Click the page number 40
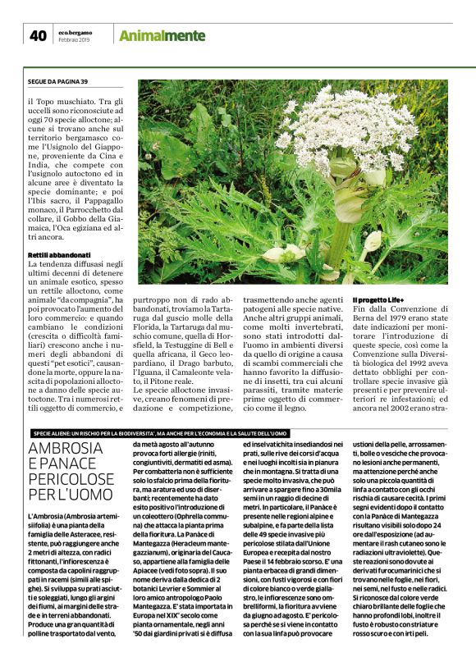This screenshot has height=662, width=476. coord(38,35)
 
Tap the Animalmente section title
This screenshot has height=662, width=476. coord(162,35)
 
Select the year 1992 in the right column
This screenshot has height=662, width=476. coord(427,345)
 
